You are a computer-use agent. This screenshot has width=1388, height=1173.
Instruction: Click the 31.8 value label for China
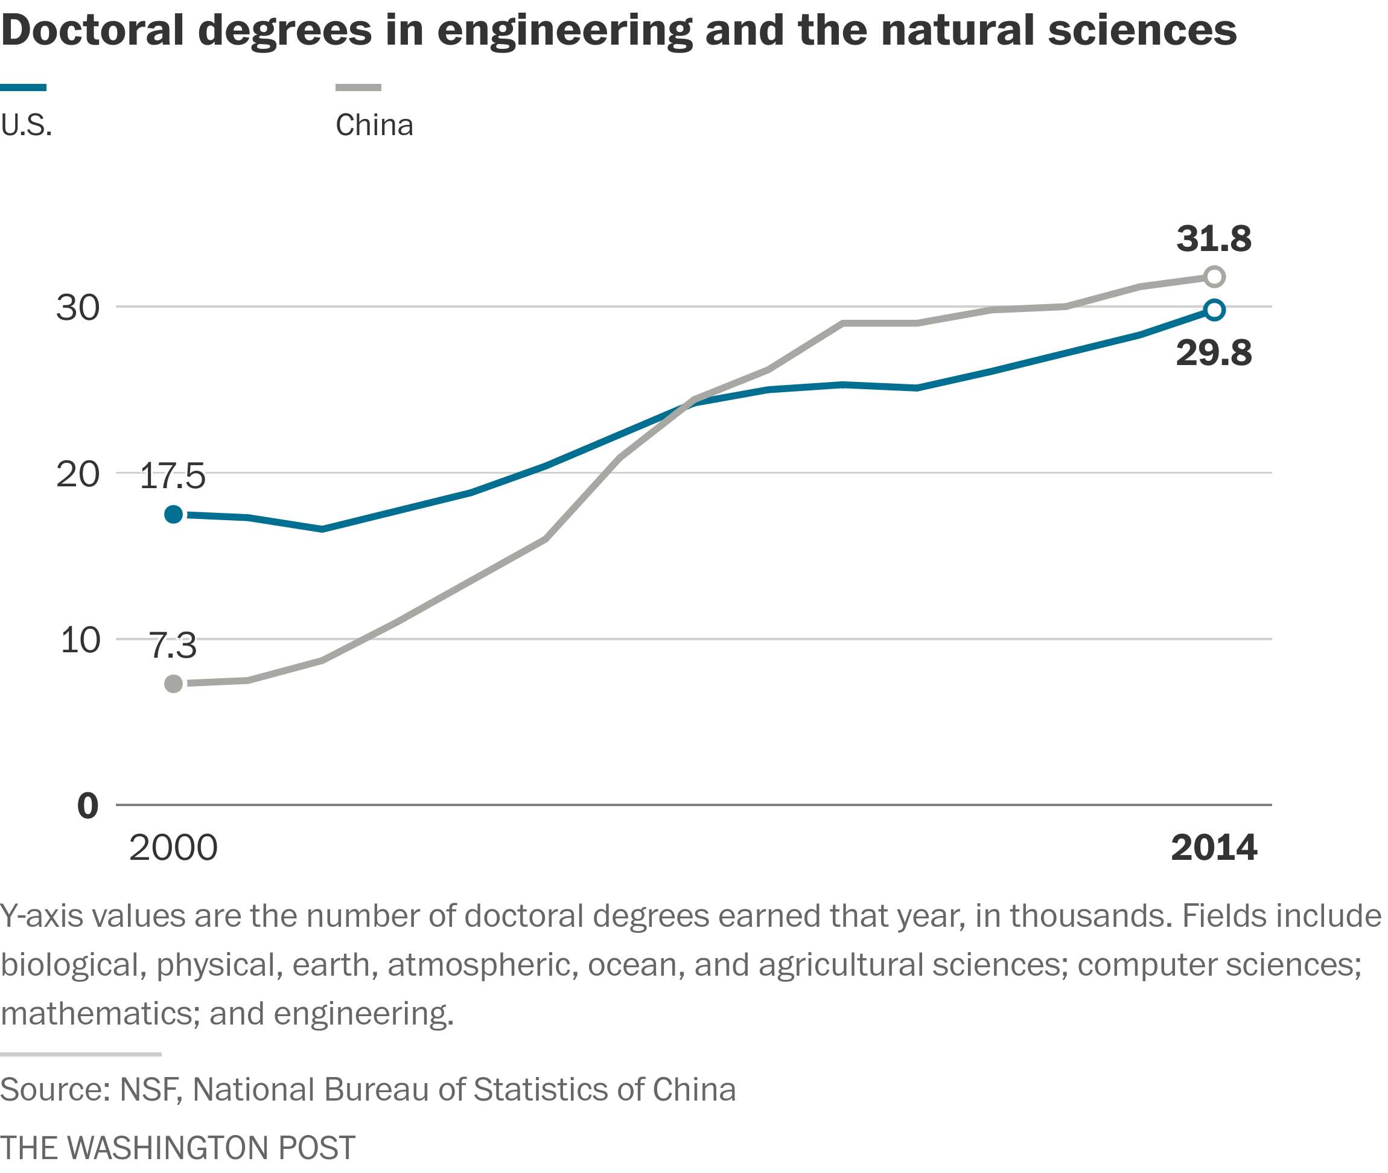1213,239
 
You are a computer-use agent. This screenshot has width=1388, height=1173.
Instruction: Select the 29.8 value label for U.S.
1213,353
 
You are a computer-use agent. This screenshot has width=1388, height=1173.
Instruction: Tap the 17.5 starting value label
172,476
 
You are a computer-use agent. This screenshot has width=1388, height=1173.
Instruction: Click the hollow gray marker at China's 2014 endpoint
1214,276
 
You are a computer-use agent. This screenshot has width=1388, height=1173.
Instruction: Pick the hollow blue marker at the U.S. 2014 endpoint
1214,310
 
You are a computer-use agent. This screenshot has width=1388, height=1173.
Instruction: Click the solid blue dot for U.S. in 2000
174,514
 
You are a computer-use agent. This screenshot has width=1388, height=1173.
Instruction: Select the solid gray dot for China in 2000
174,684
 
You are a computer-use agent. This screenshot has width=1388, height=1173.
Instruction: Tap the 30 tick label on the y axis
78,308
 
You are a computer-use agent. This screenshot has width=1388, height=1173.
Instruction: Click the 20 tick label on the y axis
78,474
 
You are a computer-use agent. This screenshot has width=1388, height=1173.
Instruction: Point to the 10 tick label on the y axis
80,640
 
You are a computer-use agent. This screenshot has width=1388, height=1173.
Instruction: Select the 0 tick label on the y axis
88,806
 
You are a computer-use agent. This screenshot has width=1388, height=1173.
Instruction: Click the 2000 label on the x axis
173,848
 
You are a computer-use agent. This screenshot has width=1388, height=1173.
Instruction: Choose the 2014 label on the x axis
1213,848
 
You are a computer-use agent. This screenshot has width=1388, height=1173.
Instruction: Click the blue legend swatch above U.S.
24,87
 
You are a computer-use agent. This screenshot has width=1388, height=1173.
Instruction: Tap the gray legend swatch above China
358,87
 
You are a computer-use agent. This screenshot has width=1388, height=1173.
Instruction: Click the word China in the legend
374,125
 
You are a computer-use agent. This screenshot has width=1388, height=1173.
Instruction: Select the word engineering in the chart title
565,31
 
